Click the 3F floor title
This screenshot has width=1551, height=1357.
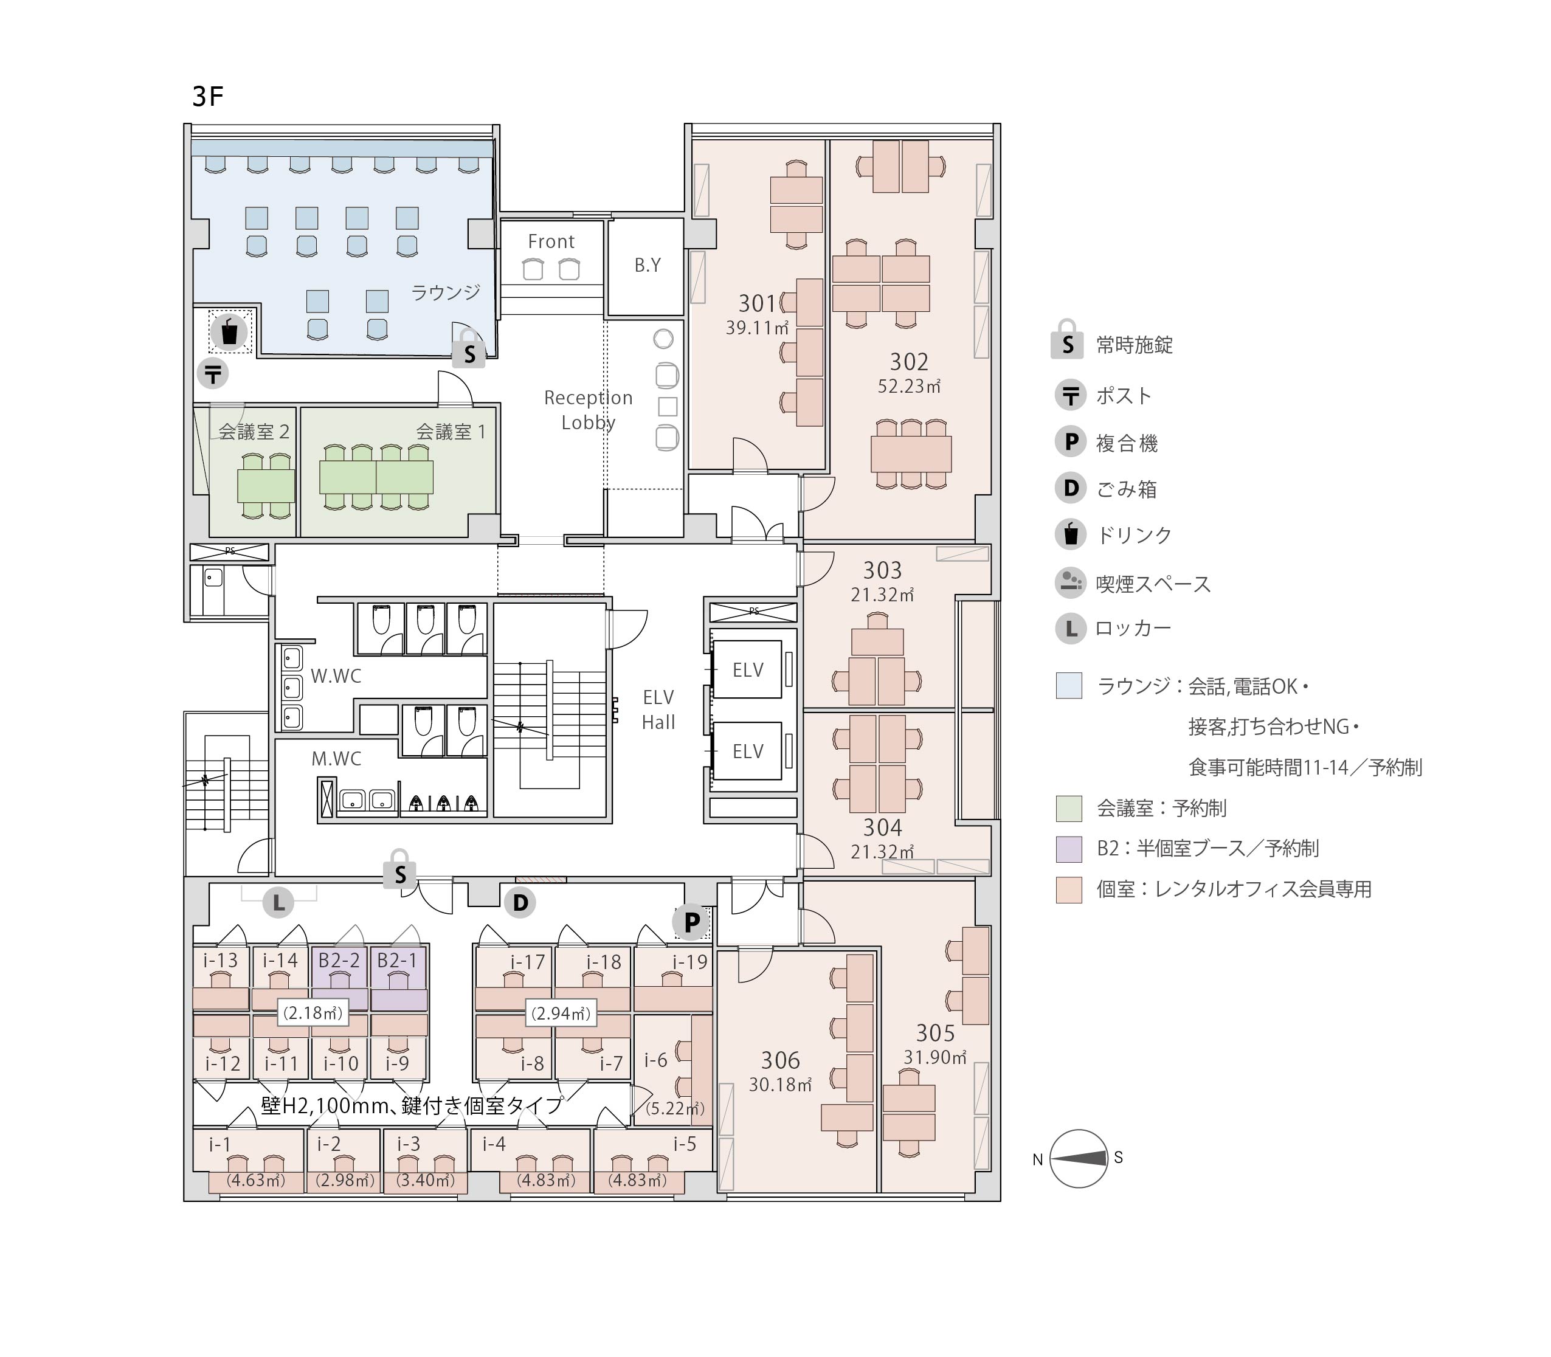pyautogui.click(x=207, y=97)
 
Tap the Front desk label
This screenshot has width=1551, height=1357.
pyautogui.click(x=551, y=241)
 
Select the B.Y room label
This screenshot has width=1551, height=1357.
pyautogui.click(x=648, y=265)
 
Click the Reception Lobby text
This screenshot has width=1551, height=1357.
pyautogui.click(x=589, y=410)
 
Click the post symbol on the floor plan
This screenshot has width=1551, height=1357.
pyautogui.click(x=213, y=373)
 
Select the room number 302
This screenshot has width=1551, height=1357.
pyautogui.click(x=909, y=362)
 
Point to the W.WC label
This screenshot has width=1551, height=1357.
pyautogui.click(x=336, y=676)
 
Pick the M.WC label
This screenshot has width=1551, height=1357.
pyautogui.click(x=336, y=758)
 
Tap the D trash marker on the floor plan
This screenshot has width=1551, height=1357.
pyautogui.click(x=520, y=903)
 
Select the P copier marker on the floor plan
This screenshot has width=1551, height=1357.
pyautogui.click(x=691, y=922)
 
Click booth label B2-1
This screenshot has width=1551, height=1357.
pyautogui.click(x=397, y=960)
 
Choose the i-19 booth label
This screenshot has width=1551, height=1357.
pyautogui.click(x=690, y=962)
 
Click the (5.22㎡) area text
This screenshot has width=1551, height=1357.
pyautogui.click(x=675, y=1108)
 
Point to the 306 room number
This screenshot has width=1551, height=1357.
pyautogui.click(x=780, y=1060)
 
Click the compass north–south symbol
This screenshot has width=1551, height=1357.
pyautogui.click(x=1079, y=1159)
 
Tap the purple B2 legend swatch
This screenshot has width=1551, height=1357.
pyautogui.click(x=1069, y=849)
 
